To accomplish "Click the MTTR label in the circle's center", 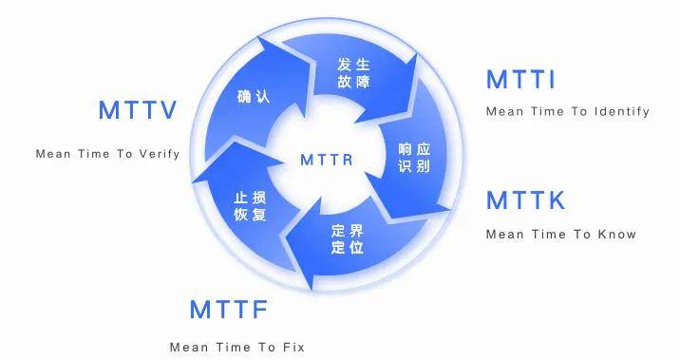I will (x=326, y=160).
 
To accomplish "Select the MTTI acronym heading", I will (x=520, y=80).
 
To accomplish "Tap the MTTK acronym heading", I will (x=525, y=200).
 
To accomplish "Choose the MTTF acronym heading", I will (x=229, y=310).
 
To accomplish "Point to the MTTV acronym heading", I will (x=138, y=110).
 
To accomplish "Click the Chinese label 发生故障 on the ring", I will (x=352, y=73).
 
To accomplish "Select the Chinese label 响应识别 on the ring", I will (x=414, y=158).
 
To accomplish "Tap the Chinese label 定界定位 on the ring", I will (x=348, y=239).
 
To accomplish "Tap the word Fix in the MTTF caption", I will (x=293, y=347).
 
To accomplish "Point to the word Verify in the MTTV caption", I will (x=160, y=154).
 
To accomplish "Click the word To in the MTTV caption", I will (x=124, y=154).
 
